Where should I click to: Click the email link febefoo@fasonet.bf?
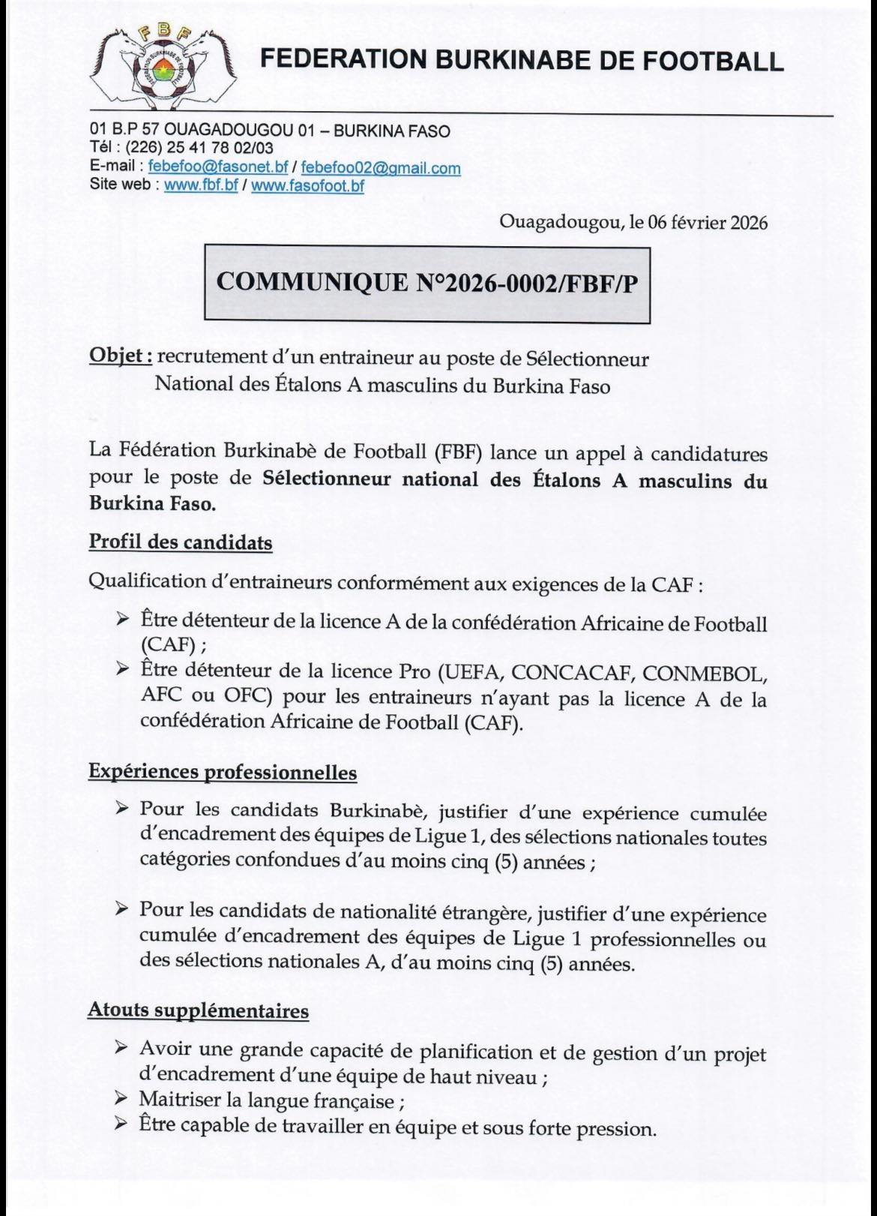tap(218, 167)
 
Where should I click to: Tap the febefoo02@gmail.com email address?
tap(381, 168)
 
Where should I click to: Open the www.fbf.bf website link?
tap(201, 185)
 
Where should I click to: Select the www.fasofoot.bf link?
tap(307, 185)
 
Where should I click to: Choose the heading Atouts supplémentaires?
tap(198, 1010)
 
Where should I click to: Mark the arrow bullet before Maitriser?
tap(121, 1099)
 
